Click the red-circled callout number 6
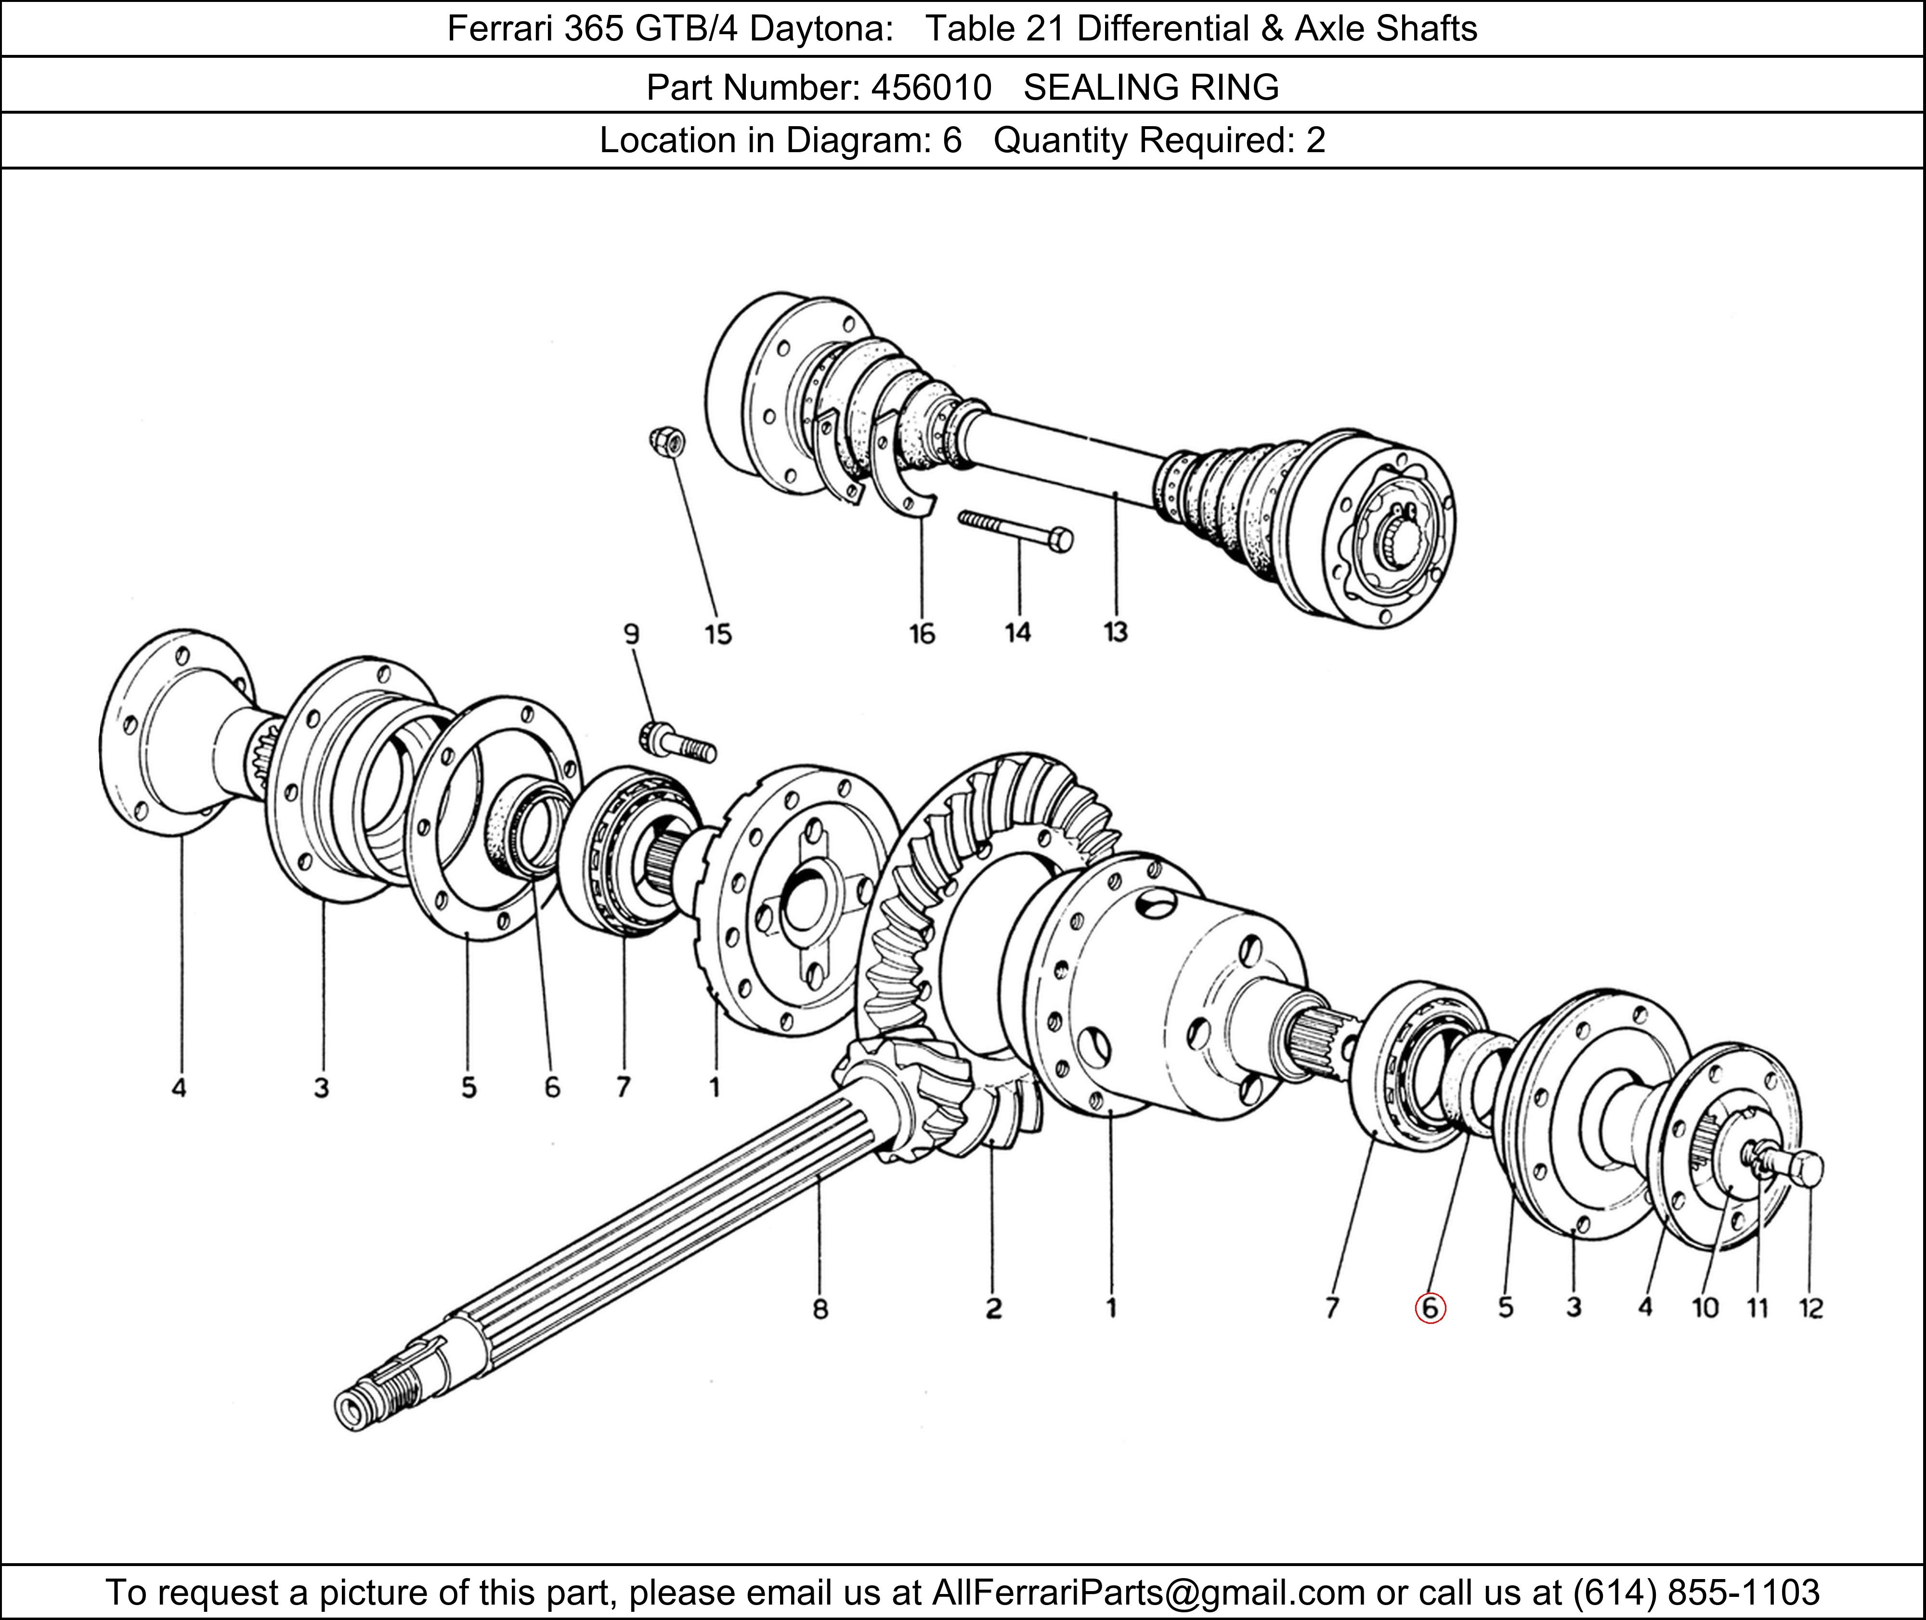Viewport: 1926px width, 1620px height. [x=1430, y=1308]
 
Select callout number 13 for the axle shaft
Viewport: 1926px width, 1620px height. [x=1115, y=633]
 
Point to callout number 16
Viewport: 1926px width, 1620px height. [x=922, y=634]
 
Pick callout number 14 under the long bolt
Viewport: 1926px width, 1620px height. [x=1017, y=633]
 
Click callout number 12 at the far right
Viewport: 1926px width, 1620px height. [x=1810, y=1308]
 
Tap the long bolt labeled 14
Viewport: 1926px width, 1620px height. [x=1015, y=530]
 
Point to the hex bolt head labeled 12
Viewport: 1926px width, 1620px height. [x=1805, y=1170]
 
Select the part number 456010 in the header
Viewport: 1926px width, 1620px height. [x=931, y=87]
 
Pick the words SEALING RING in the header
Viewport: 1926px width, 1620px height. [x=1151, y=87]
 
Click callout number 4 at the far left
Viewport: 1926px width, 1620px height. [x=179, y=1088]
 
